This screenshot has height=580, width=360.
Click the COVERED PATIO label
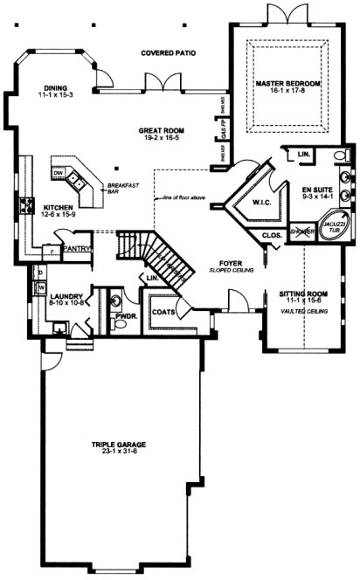(x=168, y=53)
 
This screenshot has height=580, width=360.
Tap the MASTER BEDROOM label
(x=284, y=83)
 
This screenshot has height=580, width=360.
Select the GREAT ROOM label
(x=158, y=130)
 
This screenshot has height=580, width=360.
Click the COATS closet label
(x=162, y=311)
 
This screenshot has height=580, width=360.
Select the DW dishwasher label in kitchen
(x=58, y=173)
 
